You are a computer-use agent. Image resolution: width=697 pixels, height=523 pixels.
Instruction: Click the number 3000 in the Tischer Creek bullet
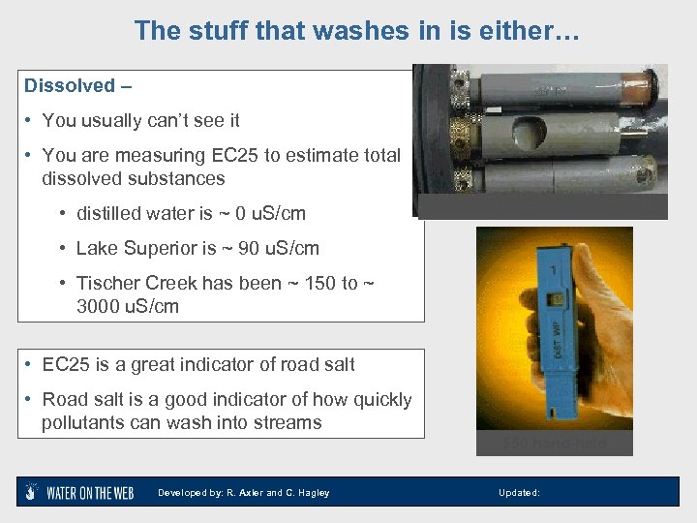point(104,306)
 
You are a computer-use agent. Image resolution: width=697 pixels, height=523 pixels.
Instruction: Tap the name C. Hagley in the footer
point(307,493)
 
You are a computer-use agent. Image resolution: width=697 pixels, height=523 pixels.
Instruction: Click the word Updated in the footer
point(518,493)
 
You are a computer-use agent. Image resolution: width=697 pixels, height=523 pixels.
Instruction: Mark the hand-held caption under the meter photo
point(555,444)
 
